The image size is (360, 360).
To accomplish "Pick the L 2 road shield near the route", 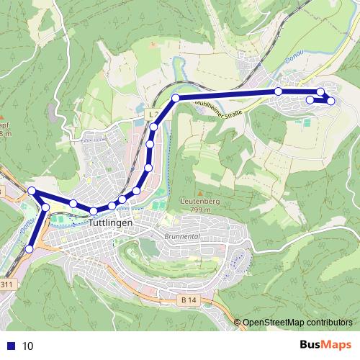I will pyautogui.click(x=152, y=114).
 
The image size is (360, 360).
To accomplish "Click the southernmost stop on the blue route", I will pyautogui.click(x=29, y=248).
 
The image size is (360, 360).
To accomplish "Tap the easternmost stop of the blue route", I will pyautogui.click(x=330, y=101).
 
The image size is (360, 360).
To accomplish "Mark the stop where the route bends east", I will pyautogui.click(x=176, y=97).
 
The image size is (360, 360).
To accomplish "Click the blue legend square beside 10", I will pyautogui.click(x=10, y=346).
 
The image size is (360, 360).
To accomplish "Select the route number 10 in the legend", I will pyautogui.click(x=27, y=346).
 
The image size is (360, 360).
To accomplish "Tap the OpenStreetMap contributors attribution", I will pyautogui.click(x=298, y=323).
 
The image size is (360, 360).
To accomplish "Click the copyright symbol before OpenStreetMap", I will pyautogui.click(x=238, y=323).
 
